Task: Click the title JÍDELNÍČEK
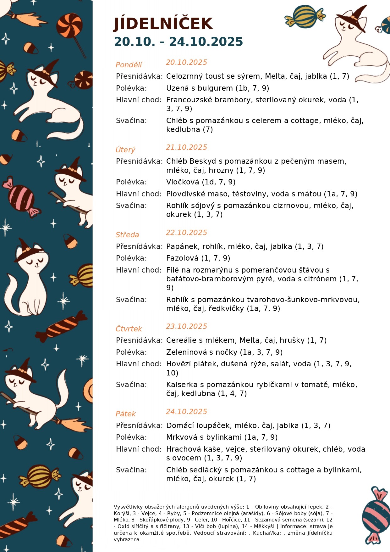pyautogui.click(x=163, y=24)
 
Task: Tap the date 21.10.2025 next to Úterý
pyautogui.click(x=186, y=147)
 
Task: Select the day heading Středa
pyautogui.click(x=127, y=235)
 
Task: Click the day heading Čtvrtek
pyautogui.click(x=129, y=329)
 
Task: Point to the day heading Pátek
pyautogui.click(x=126, y=414)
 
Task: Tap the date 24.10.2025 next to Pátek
pyautogui.click(x=186, y=412)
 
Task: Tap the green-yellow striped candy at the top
pyautogui.click(x=305, y=16)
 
